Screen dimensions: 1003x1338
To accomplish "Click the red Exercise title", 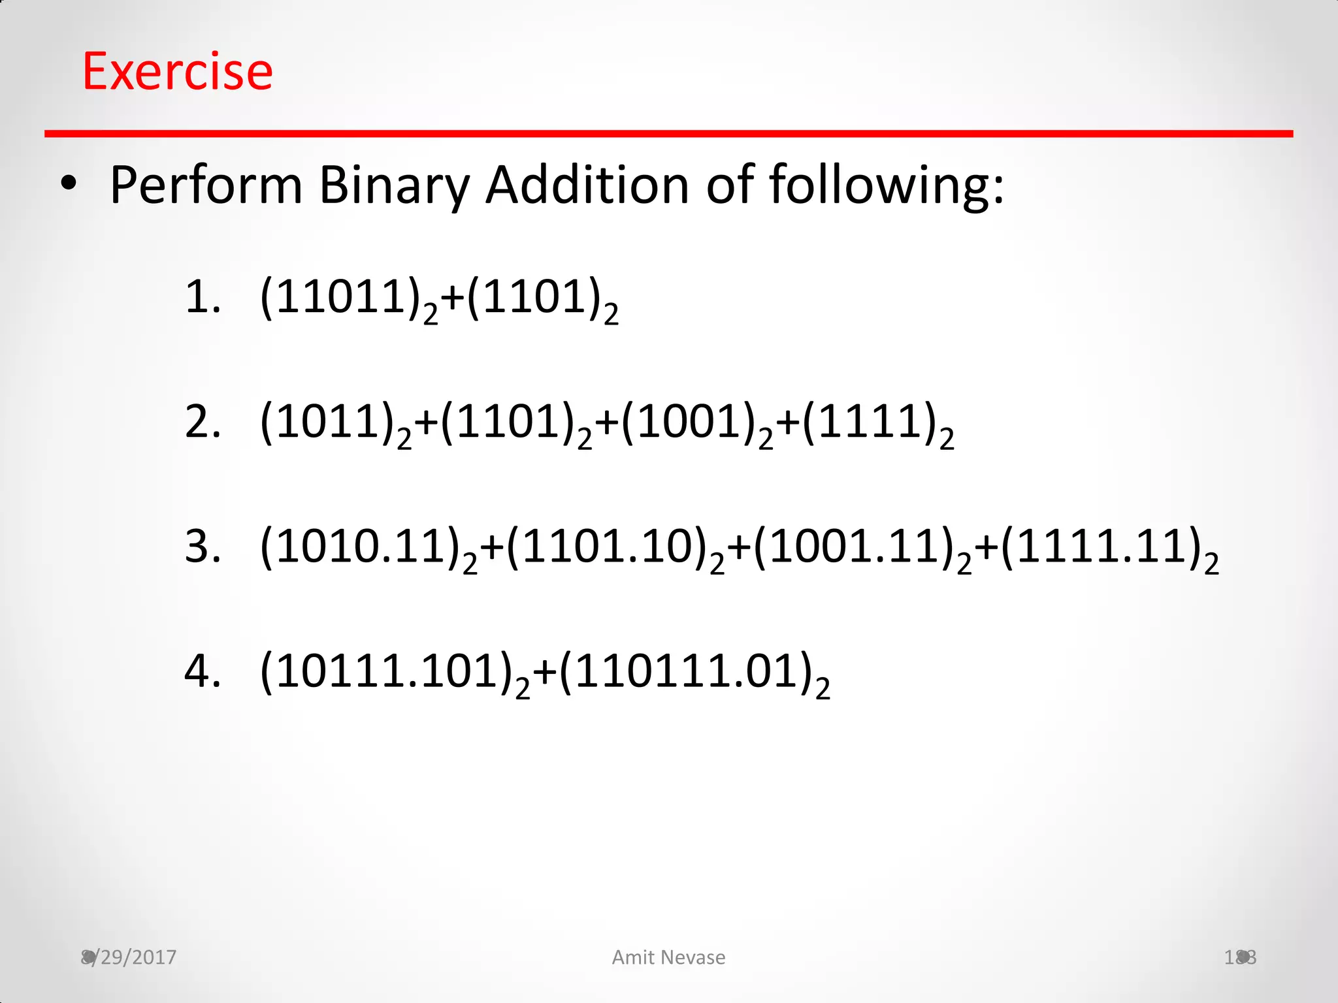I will coord(178,71).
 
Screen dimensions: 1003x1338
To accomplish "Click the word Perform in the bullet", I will coord(206,185).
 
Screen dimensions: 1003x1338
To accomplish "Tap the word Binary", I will coord(394,185).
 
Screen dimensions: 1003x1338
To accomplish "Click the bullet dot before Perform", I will coord(69,185).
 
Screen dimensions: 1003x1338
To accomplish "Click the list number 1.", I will coord(202,297).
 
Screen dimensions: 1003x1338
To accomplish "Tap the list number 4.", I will coord(202,671).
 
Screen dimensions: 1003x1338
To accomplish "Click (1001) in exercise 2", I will coord(688,422).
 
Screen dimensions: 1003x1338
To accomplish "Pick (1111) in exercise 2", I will coord(869,422).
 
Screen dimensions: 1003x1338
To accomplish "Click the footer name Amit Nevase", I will coord(668,957).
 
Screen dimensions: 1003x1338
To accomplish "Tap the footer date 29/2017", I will coord(134,957).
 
